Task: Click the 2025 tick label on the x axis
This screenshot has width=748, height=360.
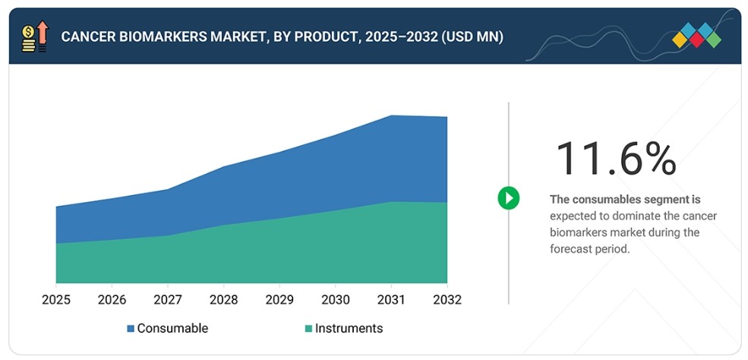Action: click(55, 300)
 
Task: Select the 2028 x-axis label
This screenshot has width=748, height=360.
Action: click(224, 300)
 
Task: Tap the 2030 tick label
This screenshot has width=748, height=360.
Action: click(336, 300)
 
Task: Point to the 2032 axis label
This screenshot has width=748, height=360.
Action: click(447, 300)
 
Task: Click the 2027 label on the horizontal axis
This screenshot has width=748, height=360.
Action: click(168, 300)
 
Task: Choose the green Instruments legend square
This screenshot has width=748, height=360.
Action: click(308, 329)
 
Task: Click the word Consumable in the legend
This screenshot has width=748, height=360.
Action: click(172, 328)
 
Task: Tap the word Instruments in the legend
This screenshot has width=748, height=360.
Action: click(349, 328)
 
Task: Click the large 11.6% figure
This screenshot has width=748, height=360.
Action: click(617, 159)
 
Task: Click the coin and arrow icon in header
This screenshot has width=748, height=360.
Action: click(35, 36)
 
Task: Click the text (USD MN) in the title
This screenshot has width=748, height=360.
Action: click(473, 37)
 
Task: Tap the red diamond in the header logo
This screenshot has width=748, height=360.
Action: click(696, 39)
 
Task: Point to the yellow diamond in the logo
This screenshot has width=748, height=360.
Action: click(680, 39)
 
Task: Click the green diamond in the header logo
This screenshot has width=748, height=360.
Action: click(714, 39)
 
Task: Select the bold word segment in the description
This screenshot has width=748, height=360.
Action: click(671, 199)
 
